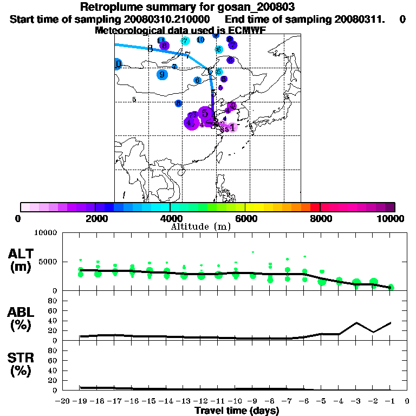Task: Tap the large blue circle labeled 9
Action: [162, 75]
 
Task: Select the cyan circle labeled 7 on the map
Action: [185, 41]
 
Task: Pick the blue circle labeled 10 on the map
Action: [200, 40]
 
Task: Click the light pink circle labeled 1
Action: [232, 128]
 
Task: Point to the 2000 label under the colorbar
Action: [95, 218]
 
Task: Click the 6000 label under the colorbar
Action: [246, 218]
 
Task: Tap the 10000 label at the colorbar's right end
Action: [389, 218]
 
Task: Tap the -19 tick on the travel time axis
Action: [80, 402]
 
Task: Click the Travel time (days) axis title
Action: [237, 411]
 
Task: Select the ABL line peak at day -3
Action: [356, 323]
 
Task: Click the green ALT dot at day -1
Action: [391, 287]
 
